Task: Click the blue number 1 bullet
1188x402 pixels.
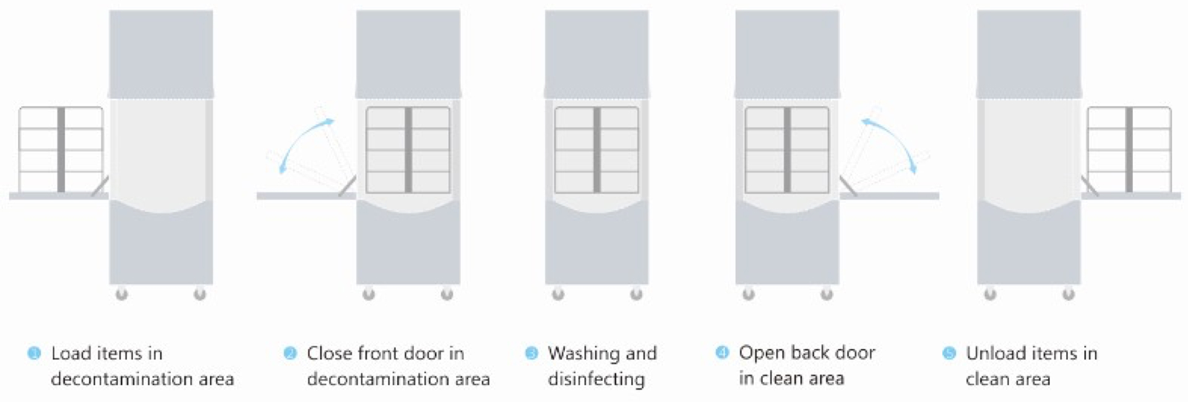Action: [35, 354]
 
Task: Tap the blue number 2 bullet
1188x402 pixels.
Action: [290, 354]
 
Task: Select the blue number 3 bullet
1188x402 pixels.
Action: [531, 354]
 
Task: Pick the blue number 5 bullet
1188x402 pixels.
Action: [949, 354]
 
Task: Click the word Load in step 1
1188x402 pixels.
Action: [71, 354]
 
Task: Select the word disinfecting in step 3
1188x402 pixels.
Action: [596, 378]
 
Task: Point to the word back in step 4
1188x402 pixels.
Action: [807, 353]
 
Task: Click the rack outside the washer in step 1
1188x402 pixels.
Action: [61, 150]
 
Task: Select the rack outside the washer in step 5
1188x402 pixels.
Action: [1129, 150]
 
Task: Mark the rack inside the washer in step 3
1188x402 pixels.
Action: [596, 150]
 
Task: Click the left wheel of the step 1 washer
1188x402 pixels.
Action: [122, 294]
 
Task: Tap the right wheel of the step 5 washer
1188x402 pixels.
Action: [1068, 294]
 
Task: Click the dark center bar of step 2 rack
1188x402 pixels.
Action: [408, 150]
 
